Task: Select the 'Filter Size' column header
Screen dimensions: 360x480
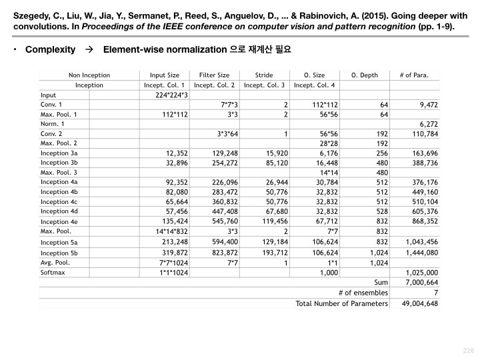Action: point(214,75)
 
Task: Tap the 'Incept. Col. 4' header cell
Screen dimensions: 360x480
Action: point(314,85)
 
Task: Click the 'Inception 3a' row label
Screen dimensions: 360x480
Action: point(59,153)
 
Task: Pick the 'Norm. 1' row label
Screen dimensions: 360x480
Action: point(53,124)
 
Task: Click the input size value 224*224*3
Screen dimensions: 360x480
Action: point(172,95)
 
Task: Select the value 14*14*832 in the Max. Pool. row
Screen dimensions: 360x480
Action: point(168,231)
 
